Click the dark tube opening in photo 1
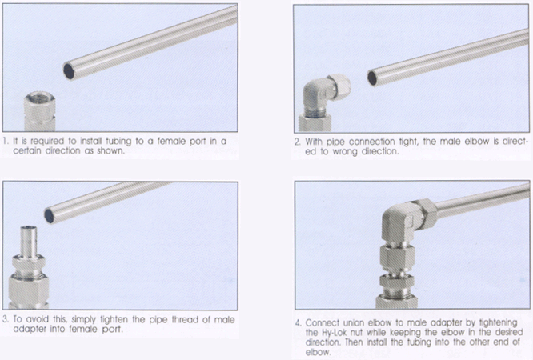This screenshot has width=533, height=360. pos(69,71)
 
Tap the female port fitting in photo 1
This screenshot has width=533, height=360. pos(40,111)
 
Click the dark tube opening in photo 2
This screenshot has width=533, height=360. pos(372,78)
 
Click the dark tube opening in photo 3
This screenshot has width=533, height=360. pos(50,216)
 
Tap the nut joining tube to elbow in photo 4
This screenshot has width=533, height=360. pos(426,213)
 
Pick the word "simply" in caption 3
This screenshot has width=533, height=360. pos(83,320)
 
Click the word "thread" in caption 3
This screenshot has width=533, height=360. pos(185,319)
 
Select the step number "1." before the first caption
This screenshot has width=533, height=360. pos(6,141)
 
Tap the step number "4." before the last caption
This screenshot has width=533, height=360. pos(299,322)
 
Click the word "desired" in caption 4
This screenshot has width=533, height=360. pos(509,332)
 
